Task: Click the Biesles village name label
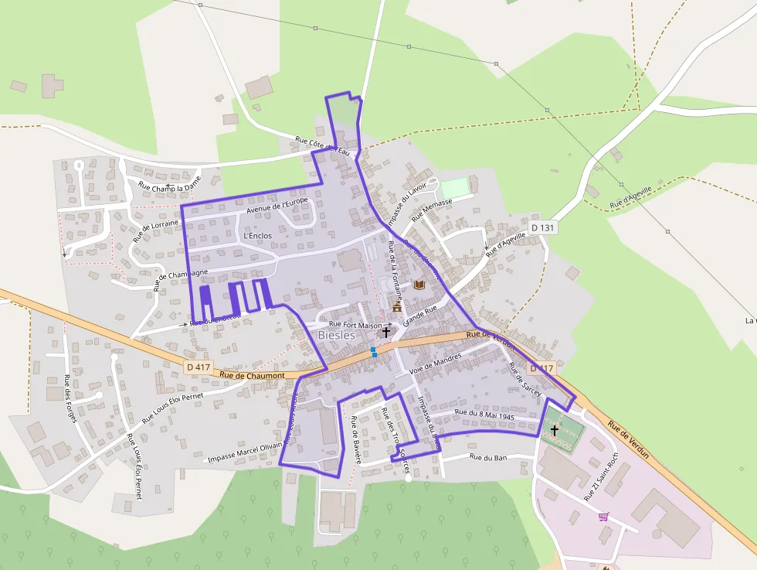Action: coord(337,336)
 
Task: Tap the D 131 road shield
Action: coord(543,227)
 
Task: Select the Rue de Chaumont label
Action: coord(252,375)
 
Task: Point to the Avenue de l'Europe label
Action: coord(277,206)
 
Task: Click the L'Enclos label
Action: coord(257,235)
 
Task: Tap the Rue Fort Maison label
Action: coord(356,325)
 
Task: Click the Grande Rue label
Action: coord(419,314)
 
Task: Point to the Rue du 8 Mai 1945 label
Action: coord(485,415)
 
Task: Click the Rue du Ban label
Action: coord(488,457)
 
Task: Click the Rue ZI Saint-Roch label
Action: coord(601,475)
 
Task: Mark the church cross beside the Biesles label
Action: coord(385,332)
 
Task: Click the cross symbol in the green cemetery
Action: coord(554,429)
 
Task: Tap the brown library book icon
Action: coord(419,285)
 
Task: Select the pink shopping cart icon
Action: coord(603,516)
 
